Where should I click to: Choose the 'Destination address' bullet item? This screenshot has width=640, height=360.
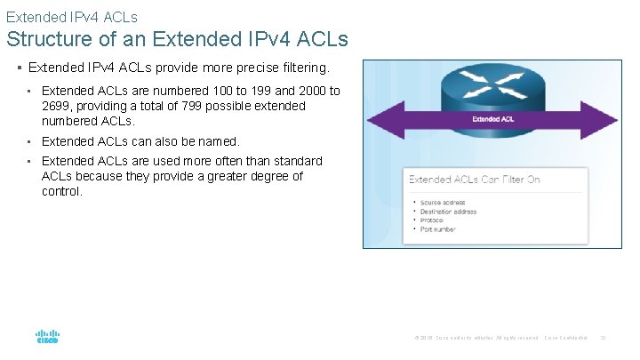[x=449, y=212]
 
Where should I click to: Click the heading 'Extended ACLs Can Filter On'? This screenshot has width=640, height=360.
[x=474, y=180]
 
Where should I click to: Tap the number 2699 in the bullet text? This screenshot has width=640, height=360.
[x=57, y=106]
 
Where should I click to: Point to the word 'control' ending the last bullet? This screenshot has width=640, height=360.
[x=60, y=191]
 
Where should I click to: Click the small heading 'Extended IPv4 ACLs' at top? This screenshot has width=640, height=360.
[x=71, y=16]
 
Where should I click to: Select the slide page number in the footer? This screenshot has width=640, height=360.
[x=603, y=338]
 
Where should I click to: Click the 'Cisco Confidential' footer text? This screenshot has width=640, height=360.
[x=565, y=338]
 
